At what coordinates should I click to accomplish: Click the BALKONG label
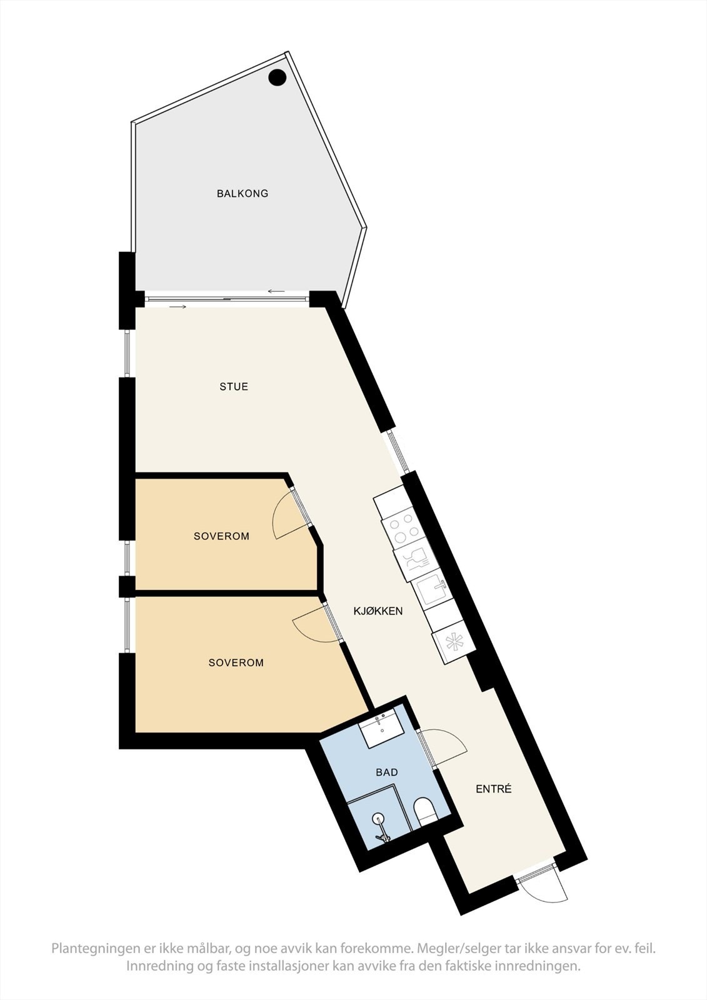click(x=243, y=194)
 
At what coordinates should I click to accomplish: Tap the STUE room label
click(x=234, y=387)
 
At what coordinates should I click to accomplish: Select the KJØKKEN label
click(x=378, y=611)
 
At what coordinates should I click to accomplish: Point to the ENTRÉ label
click(x=494, y=789)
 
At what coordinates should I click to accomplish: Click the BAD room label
click(x=387, y=772)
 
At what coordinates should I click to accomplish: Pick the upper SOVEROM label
click(x=221, y=536)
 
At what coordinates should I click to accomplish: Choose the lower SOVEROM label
click(x=236, y=662)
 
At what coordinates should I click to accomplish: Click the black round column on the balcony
click(x=278, y=77)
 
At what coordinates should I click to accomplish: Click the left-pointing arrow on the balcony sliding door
click(x=276, y=291)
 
